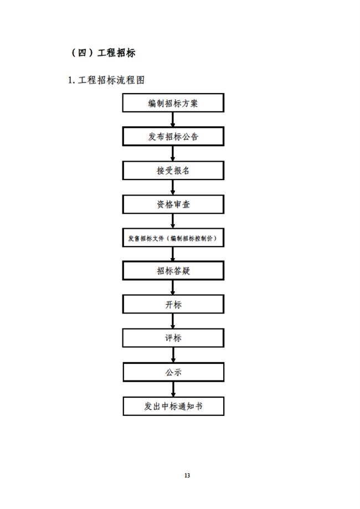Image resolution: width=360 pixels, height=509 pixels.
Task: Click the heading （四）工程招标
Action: click(x=103, y=53)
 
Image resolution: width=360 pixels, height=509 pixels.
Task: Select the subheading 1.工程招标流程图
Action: click(x=106, y=80)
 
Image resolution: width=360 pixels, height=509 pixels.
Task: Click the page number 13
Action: click(x=187, y=476)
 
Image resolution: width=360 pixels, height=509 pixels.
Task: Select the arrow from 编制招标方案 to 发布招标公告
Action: click(x=173, y=120)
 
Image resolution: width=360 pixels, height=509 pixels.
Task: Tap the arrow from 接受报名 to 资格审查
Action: click(x=173, y=187)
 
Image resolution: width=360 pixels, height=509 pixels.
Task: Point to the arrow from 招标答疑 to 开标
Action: click(x=173, y=287)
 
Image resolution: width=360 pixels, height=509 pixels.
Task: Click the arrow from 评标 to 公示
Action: click(x=173, y=355)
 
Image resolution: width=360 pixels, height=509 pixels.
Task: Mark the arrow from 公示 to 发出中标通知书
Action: click(x=173, y=389)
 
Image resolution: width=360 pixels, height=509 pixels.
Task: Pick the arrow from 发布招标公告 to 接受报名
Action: click(x=173, y=153)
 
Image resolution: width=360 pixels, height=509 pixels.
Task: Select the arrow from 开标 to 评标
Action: click(x=173, y=321)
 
